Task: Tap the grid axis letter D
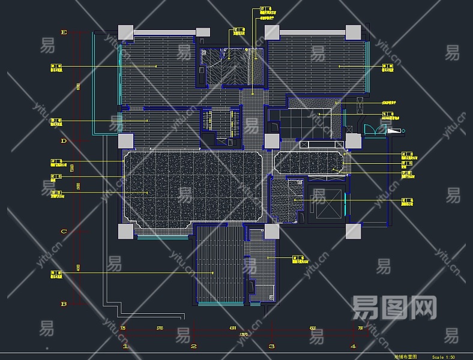click(x=64, y=142)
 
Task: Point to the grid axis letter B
click(x=64, y=304)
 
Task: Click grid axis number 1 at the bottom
click(x=125, y=346)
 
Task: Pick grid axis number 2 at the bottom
click(x=194, y=346)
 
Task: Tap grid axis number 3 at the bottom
click(x=271, y=346)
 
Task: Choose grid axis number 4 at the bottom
click(x=353, y=346)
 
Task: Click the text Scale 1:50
click(x=444, y=356)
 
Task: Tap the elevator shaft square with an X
click(x=324, y=205)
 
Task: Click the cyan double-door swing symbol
click(x=372, y=130)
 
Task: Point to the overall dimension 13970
click(x=243, y=334)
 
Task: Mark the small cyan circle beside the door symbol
click(x=403, y=130)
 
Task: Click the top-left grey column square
click(x=125, y=32)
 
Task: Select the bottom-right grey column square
click(x=353, y=232)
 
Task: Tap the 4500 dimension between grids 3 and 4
click(x=312, y=328)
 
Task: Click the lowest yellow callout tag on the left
click(x=55, y=274)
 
